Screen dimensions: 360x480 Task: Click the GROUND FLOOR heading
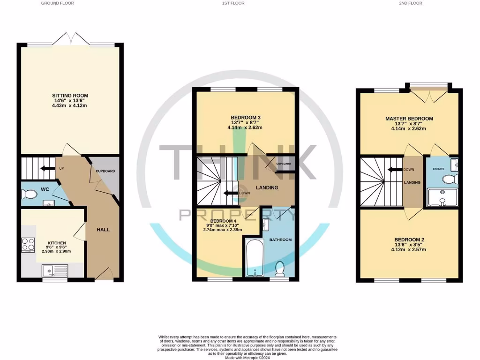pos(58,3)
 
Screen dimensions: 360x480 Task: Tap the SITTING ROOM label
pos(70,96)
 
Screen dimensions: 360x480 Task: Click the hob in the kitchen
pos(28,245)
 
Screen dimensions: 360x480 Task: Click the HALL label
pos(103,229)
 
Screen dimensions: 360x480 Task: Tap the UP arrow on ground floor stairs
pos(47,168)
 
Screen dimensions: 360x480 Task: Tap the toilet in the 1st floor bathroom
pos(280,269)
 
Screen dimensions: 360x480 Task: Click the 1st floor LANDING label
pos(267,187)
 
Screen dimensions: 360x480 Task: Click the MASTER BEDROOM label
pos(409,119)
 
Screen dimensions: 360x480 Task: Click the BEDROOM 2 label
pos(409,239)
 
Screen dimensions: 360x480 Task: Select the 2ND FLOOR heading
pos(411,3)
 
